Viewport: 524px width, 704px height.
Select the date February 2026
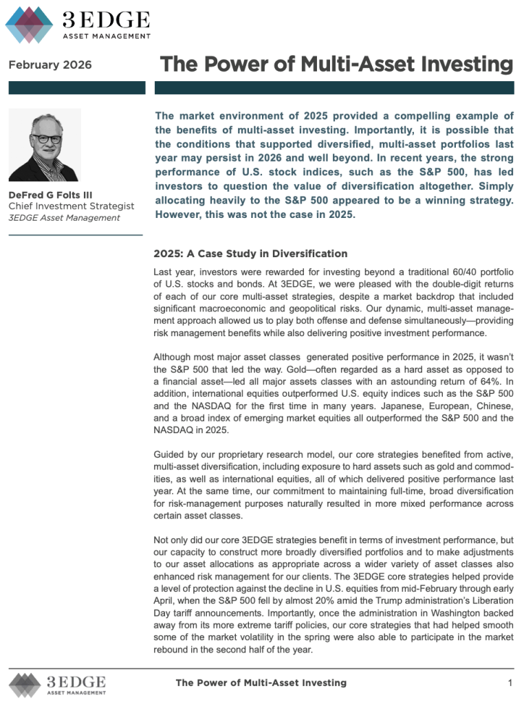50,65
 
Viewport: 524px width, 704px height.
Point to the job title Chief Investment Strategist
72,206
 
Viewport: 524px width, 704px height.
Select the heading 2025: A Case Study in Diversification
251,254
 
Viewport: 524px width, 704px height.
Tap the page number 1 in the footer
510,683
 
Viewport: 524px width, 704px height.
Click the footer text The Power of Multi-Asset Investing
261,683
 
